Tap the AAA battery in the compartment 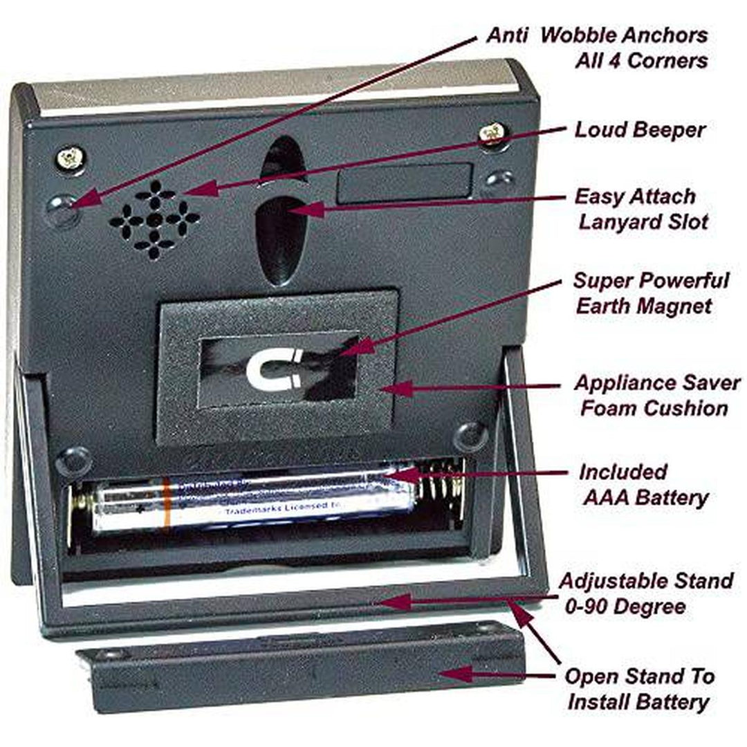(x=256, y=503)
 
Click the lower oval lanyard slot (x=279, y=239)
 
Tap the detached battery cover (x=304, y=667)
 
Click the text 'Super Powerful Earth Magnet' (x=649, y=293)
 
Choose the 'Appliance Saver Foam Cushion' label (x=655, y=395)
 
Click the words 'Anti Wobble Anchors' (x=596, y=36)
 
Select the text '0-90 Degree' (x=622, y=607)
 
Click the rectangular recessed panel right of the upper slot (x=404, y=183)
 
